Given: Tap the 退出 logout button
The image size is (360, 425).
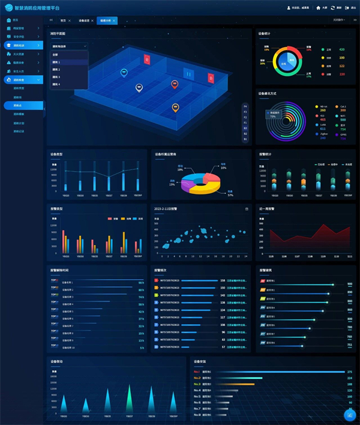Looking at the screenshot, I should coord(351,8).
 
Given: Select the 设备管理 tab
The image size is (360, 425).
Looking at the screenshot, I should coord(84,20).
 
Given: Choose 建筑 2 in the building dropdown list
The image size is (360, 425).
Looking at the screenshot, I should coord(56,70).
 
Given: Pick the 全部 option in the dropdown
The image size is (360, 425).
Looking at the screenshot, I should coord(55,55).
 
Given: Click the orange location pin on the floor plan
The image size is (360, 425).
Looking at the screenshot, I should coord(175,107).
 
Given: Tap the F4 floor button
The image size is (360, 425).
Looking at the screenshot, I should coord(245,106).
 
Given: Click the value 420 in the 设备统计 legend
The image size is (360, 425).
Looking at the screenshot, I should coord(341,49).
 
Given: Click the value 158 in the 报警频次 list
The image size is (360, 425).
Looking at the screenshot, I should coord(223,280).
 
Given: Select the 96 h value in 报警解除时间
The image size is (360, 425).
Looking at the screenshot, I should coord(141,282).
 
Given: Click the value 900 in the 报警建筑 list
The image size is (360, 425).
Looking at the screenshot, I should coord(350,285).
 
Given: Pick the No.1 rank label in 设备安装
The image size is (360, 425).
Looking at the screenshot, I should coord(197,372).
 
